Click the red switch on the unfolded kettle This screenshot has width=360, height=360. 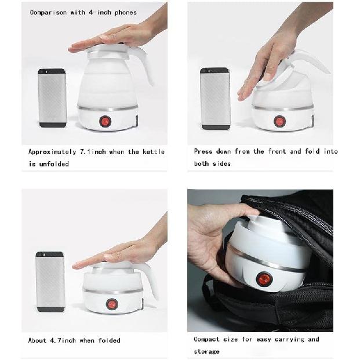click(x=105, y=121)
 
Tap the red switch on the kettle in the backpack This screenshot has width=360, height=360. click(x=263, y=279)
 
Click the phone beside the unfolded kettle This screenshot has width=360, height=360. click(x=52, y=98)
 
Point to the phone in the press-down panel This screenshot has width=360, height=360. click(x=215, y=98)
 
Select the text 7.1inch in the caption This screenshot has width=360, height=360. click(x=93, y=152)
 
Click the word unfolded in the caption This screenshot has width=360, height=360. click(x=54, y=164)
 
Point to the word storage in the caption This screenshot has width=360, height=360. click(x=207, y=351)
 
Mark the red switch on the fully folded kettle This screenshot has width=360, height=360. click(x=112, y=304)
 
